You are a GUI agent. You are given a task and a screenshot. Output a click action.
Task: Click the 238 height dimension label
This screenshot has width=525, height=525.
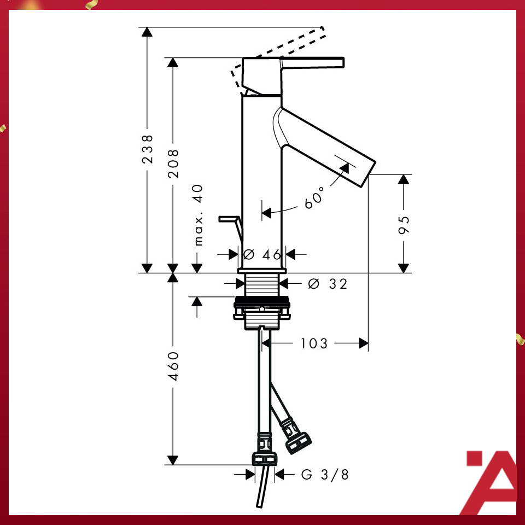147,149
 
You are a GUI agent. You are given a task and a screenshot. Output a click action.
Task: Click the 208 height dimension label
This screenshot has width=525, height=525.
173,162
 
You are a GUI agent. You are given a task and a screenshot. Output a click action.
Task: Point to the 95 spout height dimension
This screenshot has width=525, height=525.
404,224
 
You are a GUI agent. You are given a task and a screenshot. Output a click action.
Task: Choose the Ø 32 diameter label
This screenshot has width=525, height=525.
328,284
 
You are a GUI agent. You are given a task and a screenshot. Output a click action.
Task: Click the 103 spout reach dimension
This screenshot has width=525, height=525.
314,343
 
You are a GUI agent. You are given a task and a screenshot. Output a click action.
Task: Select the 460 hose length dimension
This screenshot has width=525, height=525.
173,366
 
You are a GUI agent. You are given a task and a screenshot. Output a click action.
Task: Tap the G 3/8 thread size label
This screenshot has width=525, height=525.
325,475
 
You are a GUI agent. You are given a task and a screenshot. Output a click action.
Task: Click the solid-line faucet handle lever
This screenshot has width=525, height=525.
312,63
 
